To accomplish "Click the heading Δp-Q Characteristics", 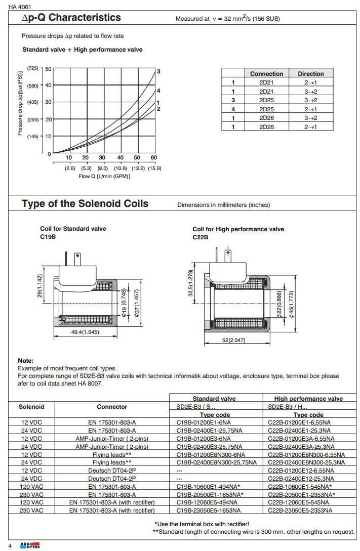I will (71, 18).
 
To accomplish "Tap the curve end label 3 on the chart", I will (158, 71).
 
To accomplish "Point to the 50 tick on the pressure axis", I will (48, 68).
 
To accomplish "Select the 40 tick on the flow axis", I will (121, 158).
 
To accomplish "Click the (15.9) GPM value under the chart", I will (154, 168).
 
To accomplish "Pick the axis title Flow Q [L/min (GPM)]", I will (104, 176).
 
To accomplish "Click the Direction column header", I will (310, 73).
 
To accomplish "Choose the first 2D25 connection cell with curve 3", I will (266, 100).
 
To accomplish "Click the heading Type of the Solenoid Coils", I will (85, 204).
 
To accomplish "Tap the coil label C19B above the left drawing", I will (48, 236).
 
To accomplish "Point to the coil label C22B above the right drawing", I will (201, 236).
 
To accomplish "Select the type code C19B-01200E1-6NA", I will (204, 422).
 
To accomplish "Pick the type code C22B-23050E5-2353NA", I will (300, 511).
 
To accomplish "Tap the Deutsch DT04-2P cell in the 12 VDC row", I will (112, 470).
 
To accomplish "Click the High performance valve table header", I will (308, 399).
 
